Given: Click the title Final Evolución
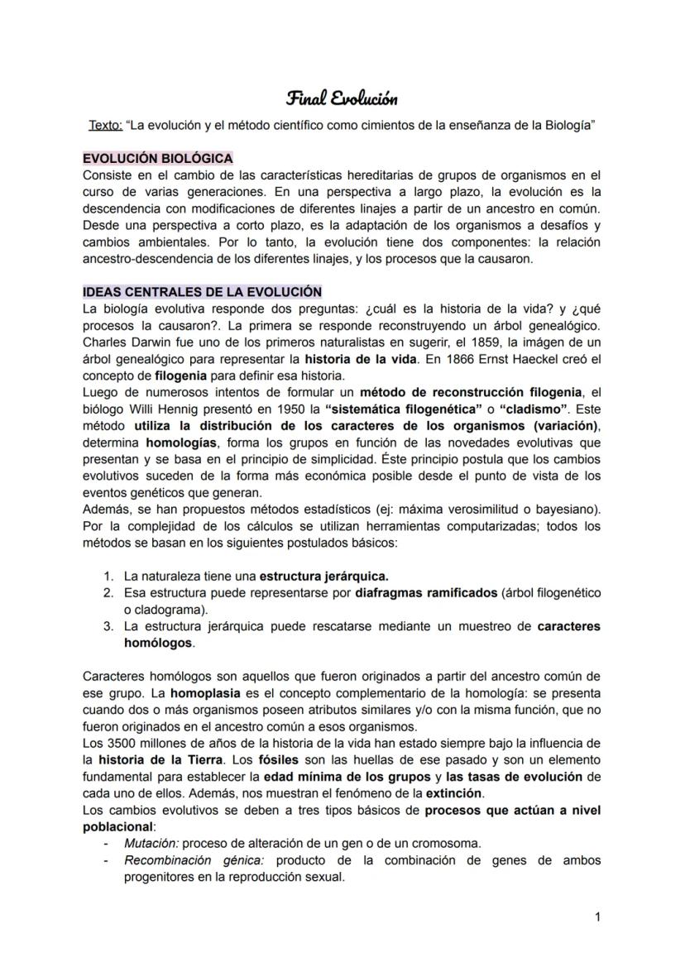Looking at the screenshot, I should click(342, 99).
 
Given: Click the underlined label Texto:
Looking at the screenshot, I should click(105, 125).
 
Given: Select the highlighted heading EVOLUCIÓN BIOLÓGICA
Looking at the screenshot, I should click(157, 158).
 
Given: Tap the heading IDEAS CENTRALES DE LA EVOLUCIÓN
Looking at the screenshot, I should click(201, 292).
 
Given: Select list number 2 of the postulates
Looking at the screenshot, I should click(108, 593).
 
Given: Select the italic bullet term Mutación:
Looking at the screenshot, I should click(151, 844).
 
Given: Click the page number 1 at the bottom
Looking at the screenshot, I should click(596, 917).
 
